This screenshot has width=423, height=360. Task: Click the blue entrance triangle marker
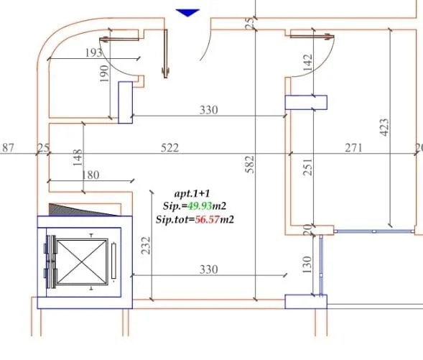tap(187, 12)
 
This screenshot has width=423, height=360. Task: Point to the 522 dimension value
tap(169, 147)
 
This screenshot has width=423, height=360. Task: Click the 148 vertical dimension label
tap(78, 156)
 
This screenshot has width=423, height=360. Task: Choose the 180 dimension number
tap(90, 175)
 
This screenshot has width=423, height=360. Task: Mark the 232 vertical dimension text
tap(146, 246)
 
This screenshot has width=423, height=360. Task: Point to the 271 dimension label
tap(353, 147)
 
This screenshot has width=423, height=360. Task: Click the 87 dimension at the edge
tap(9, 147)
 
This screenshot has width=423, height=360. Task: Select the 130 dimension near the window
tap(307, 265)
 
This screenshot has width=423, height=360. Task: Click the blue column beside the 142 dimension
tap(306, 102)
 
